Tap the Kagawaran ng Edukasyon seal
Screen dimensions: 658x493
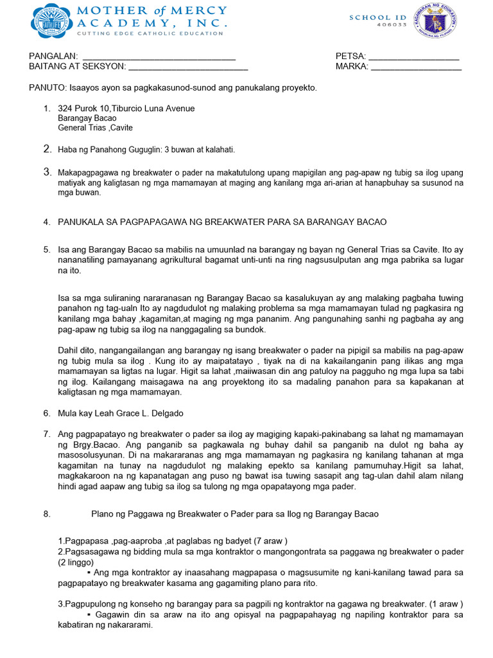[x=435, y=21]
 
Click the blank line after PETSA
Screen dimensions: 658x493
[x=414, y=56]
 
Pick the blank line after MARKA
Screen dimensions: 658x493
[x=416, y=66]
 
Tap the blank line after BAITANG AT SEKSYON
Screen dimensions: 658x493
[x=188, y=66]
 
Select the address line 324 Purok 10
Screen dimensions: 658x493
[x=126, y=109]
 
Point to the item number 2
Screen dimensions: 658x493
[x=46, y=149]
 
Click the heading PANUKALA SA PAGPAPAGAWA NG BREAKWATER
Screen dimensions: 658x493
[x=222, y=222]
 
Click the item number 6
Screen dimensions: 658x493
[x=46, y=413]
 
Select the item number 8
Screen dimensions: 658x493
[x=46, y=514]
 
